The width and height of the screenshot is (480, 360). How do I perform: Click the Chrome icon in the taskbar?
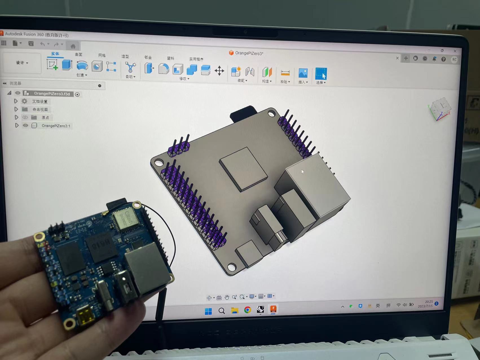pyautogui.click(x=247, y=310)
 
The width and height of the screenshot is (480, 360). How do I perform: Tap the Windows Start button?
pyautogui.click(x=208, y=311)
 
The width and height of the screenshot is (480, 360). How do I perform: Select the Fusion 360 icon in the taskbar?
pyautogui.click(x=273, y=309)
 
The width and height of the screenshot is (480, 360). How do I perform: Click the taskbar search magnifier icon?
pyautogui.click(x=222, y=311)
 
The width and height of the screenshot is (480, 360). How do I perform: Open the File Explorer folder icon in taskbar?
pyautogui.click(x=234, y=310)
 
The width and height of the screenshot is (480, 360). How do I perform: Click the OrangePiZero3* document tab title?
pyautogui.click(x=249, y=53)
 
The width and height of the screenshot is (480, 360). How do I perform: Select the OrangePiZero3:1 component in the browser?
pyautogui.click(x=56, y=126)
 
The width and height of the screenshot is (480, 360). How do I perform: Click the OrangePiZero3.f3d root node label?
pyautogui.click(x=52, y=94)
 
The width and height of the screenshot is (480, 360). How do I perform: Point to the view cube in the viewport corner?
pyautogui.click(x=440, y=109)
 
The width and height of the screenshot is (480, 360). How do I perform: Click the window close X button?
pyautogui.click(x=455, y=51)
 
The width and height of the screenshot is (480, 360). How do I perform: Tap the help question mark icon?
pyautogui.click(x=444, y=59)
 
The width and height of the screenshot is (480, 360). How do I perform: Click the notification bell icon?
pyautogui.click(x=434, y=59)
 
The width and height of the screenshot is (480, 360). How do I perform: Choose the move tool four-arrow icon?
pyautogui.click(x=219, y=71)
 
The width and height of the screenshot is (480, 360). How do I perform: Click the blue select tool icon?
pyautogui.click(x=321, y=74)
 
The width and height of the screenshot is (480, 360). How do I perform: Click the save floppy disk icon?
pyautogui.click(x=31, y=43)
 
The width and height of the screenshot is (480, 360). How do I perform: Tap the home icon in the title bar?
pyautogui.click(x=73, y=46)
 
